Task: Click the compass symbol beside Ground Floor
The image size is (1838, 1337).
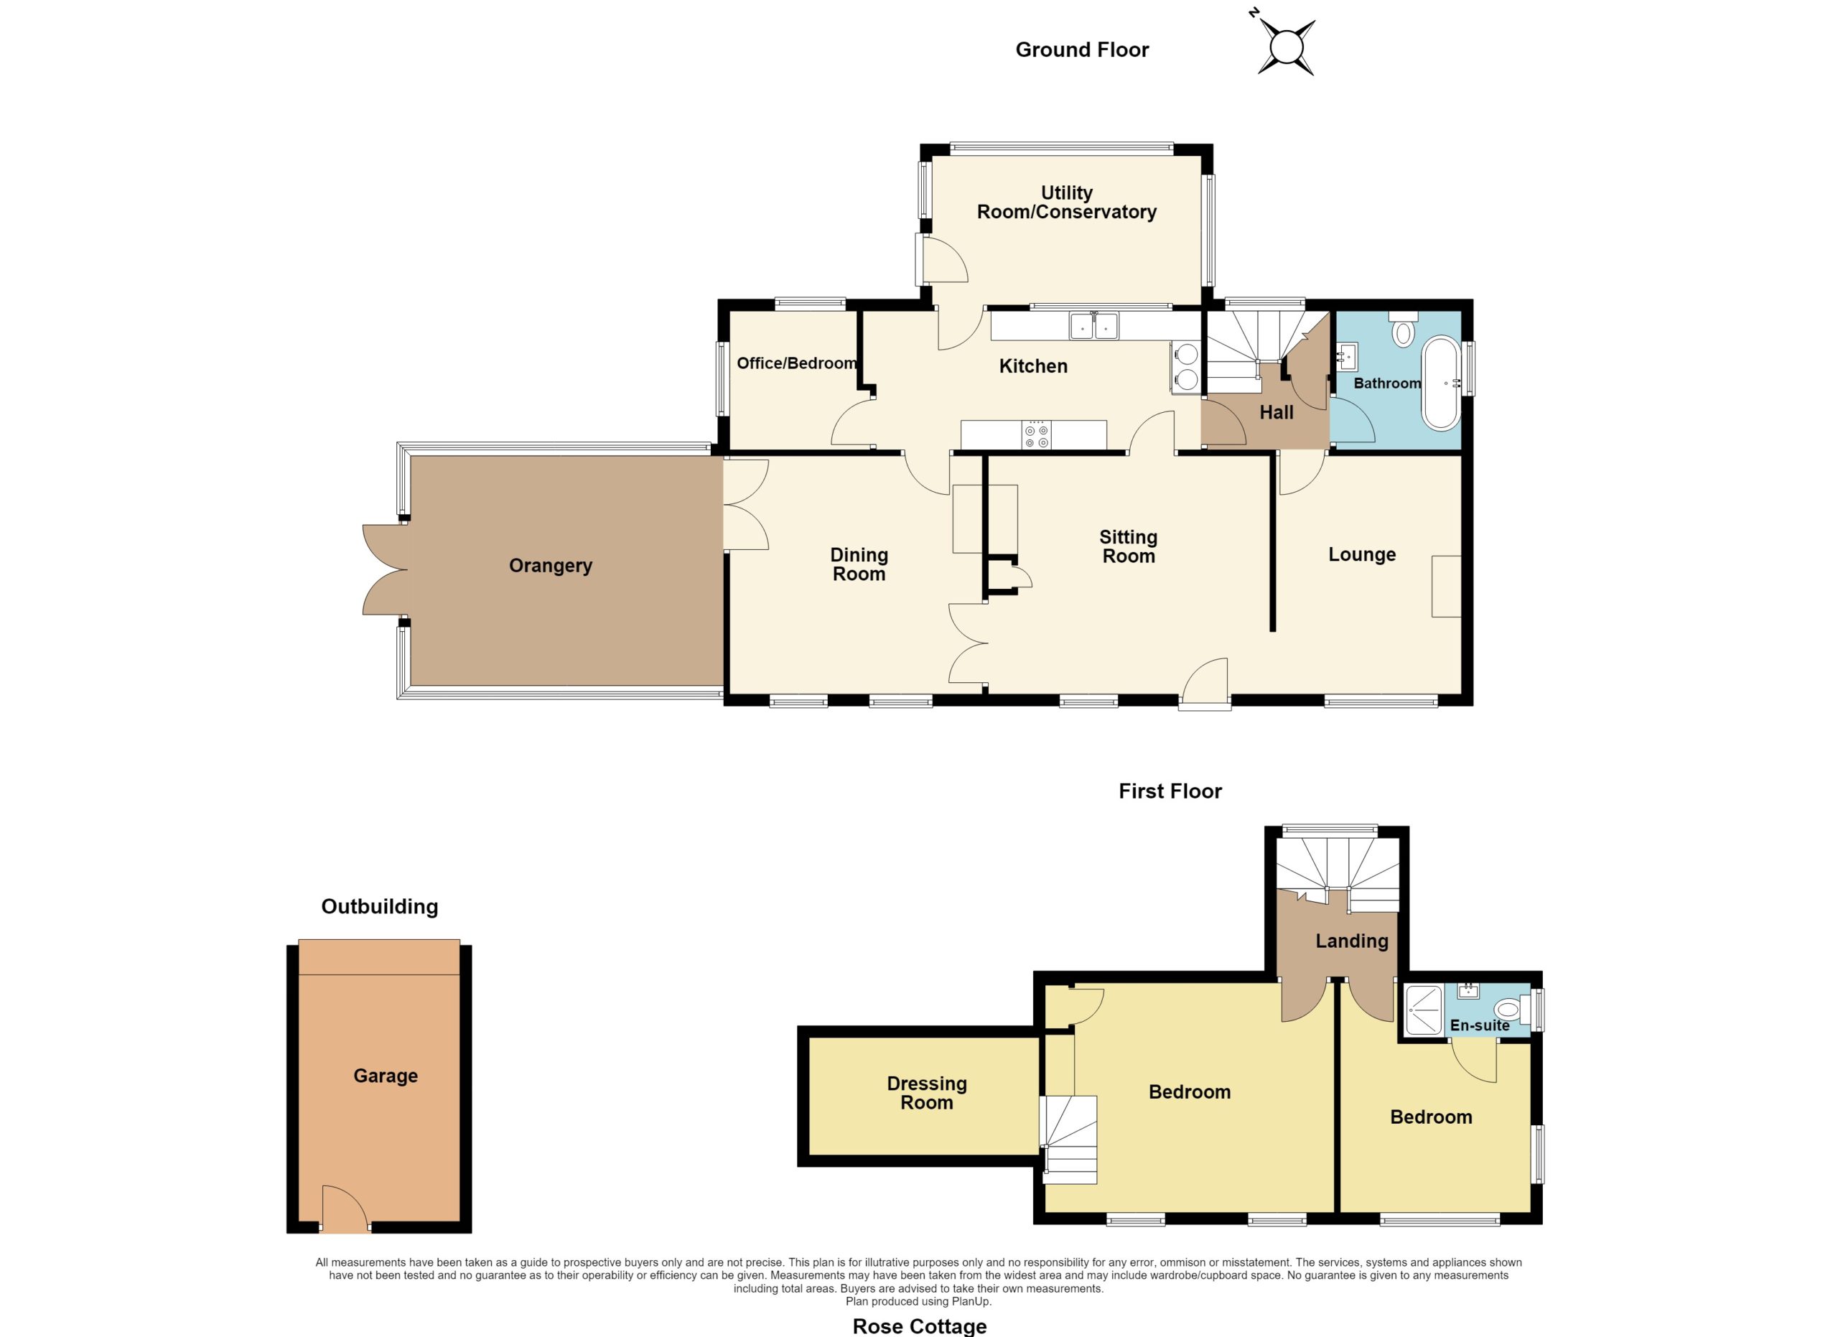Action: tap(1285, 45)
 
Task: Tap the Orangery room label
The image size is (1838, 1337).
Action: tap(550, 566)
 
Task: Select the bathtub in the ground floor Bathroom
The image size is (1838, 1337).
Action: tap(1441, 383)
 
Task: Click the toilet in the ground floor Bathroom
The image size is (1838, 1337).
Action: tap(1403, 327)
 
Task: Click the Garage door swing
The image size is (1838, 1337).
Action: tap(345, 1209)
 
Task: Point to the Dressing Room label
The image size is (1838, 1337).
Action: tap(927, 1093)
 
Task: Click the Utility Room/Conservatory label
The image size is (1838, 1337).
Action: tap(1066, 202)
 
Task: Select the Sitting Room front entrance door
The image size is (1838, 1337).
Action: tap(1205, 682)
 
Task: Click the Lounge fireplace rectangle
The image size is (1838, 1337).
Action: tap(1447, 586)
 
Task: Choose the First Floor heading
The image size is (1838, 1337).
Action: tap(1170, 791)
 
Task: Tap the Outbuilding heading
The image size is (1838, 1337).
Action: tap(379, 906)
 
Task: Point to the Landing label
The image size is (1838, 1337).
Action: tap(1352, 941)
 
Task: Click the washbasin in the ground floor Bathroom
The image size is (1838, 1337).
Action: tap(1348, 355)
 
